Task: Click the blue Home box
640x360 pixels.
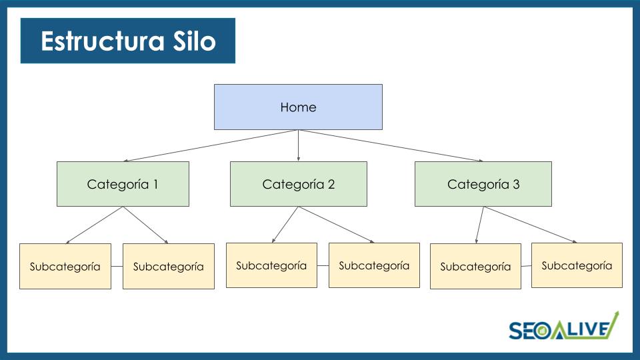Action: pyautogui.click(x=298, y=107)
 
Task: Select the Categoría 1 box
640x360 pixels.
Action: pyautogui.click(x=123, y=184)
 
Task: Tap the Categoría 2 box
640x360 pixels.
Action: pyautogui.click(x=298, y=184)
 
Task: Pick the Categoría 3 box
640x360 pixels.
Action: pyautogui.click(x=483, y=184)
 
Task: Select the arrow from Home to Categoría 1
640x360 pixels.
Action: pyautogui.click(x=210, y=145)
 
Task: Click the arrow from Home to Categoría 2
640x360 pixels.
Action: pyautogui.click(x=298, y=145)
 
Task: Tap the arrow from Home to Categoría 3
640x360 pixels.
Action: pyautogui.click(x=391, y=145)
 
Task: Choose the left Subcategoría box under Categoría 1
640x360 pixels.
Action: pyautogui.click(x=65, y=267)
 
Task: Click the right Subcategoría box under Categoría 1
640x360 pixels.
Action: pyautogui.click(x=169, y=267)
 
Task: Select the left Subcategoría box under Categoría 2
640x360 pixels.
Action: pyautogui.click(x=271, y=265)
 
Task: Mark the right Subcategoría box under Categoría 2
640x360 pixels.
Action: pyautogui.click(x=374, y=265)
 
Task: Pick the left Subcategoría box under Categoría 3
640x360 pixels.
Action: pyautogui.click(x=475, y=267)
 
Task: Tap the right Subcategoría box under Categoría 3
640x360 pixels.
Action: pyautogui.click(x=577, y=265)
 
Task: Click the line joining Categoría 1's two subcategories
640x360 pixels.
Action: pyautogui.click(x=117, y=267)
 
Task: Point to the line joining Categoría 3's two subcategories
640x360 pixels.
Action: pyautogui.click(x=526, y=266)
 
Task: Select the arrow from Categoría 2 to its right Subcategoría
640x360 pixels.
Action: pyautogui.click(x=336, y=225)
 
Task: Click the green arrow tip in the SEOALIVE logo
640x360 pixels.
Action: pyautogui.click(x=616, y=314)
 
